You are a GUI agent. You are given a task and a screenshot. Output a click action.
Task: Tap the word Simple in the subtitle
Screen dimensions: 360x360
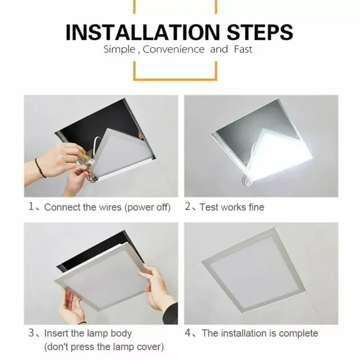(x=119, y=50)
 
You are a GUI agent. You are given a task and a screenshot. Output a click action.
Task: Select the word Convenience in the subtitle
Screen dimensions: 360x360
(x=174, y=50)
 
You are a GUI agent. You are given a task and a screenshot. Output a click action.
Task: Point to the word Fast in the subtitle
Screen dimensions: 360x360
(x=242, y=50)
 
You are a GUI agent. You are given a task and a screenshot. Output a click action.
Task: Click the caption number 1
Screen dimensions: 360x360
(x=31, y=207)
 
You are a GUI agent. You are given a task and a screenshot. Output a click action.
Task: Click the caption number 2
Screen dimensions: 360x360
(x=188, y=207)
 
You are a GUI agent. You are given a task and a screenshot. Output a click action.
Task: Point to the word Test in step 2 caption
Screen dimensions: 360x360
(x=209, y=207)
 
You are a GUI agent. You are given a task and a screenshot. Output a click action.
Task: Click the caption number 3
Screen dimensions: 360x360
(x=31, y=333)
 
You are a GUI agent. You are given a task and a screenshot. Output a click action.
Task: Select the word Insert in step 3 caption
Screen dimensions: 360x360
(x=56, y=333)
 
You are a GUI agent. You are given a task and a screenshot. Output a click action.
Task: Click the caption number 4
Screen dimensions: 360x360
(x=189, y=333)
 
